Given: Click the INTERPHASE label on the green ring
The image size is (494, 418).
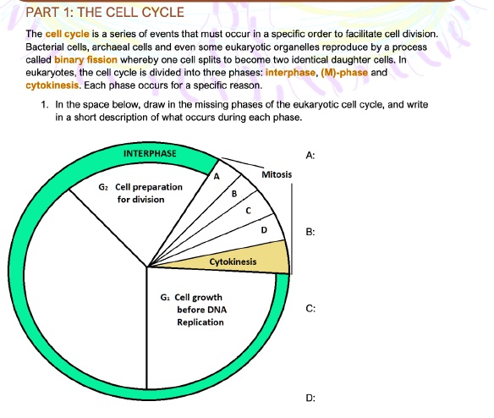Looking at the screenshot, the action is pos(150,153).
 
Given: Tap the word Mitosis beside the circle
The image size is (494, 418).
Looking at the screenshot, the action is pos(277,174).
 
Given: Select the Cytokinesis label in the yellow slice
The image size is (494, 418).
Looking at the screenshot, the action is pos(233,261).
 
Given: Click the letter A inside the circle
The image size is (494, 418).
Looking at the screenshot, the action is pos(217,177).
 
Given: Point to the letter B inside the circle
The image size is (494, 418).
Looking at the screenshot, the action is pos(234,194).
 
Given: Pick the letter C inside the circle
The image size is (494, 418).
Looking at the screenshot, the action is pos(248,211).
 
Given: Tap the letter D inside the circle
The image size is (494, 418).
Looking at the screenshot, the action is pos(264,230).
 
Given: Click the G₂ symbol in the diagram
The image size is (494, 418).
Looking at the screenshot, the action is pos(103,187).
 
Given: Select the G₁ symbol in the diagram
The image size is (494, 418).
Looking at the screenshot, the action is pos(165,297).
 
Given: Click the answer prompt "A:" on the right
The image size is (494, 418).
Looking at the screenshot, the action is pos(310,156).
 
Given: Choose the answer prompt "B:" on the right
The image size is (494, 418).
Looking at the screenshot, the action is pos(310,232).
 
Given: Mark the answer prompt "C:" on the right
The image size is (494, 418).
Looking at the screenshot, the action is pos(310,308).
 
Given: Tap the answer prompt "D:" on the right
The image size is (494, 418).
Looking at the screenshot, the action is pos(310,399).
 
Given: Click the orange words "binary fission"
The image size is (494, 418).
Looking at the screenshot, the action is pos(85,60).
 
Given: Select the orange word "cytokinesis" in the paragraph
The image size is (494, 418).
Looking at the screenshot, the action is pos(52,85).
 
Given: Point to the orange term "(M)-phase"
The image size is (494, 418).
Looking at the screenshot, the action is pos(344,73).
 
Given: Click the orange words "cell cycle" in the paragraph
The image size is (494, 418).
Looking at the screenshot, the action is pos(68,34).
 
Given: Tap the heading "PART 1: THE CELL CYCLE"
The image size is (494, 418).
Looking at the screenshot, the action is pos(105,13).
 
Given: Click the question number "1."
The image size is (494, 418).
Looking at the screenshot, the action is pos(45,105).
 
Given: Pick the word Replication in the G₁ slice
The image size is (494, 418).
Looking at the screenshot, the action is pos(200,322).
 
